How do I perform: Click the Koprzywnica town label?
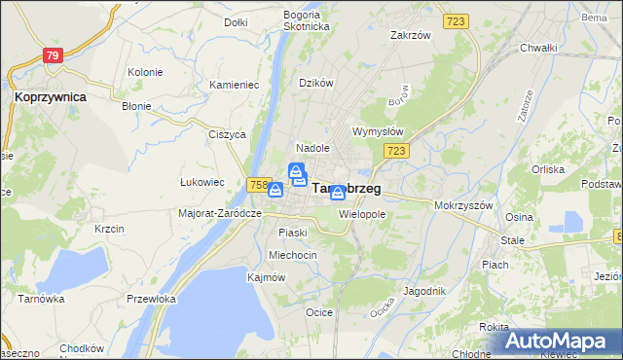(x=50, y=97)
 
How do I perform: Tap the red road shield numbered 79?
(x=53, y=56)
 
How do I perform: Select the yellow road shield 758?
(x=258, y=185)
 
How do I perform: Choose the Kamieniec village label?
(x=234, y=85)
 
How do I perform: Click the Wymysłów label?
(x=377, y=131)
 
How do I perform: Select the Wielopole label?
(x=363, y=213)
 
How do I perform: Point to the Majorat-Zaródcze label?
(x=221, y=213)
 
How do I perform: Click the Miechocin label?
(x=293, y=255)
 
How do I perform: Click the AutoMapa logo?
(x=562, y=341)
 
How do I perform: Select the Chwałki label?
(x=537, y=47)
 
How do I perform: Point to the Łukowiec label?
(x=202, y=181)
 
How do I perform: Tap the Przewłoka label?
(x=150, y=299)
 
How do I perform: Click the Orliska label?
(x=548, y=169)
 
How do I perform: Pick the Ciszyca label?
(x=226, y=134)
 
